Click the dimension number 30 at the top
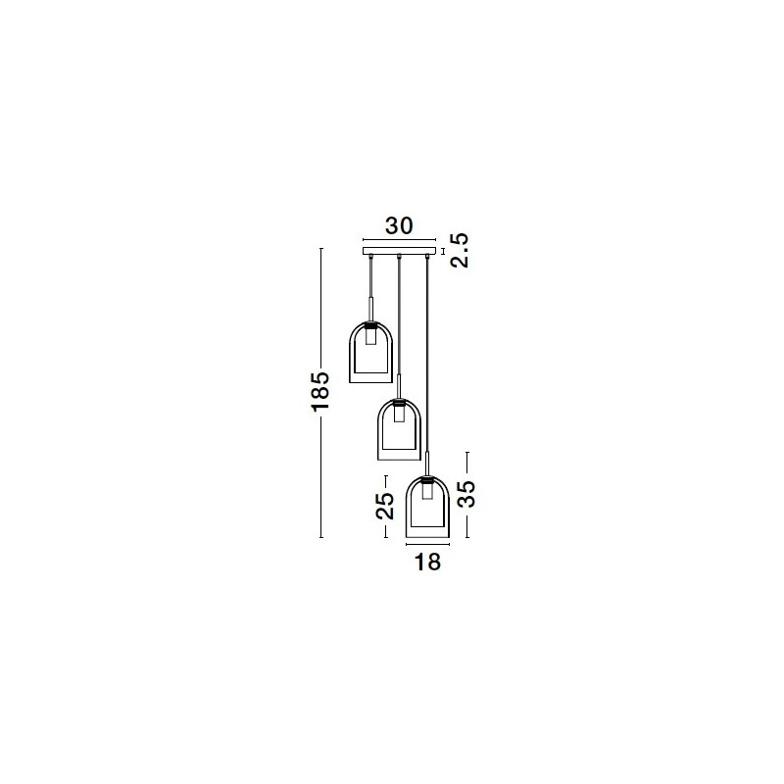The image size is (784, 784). pos(399,226)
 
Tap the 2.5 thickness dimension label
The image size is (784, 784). pos(460,251)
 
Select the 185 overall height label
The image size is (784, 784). pos(321,391)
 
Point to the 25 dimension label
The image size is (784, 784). pos(385,506)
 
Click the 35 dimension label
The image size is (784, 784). pos(466,494)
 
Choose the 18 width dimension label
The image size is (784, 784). pos(427,562)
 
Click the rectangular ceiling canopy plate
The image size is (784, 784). pos(399,251)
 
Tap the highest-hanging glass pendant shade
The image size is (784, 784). pos(370,353)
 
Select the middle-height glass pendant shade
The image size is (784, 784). pos(399,429)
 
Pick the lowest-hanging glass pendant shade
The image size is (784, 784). pos(427,507)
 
